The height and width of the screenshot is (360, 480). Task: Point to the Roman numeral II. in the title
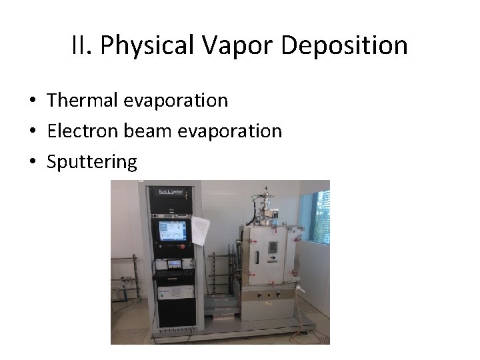[83, 45]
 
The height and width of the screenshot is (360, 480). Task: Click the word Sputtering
[92, 161]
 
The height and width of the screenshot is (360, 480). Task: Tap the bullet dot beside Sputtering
[33, 162]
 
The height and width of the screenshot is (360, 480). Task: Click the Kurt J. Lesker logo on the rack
[171, 193]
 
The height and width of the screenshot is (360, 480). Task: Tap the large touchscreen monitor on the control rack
[173, 231]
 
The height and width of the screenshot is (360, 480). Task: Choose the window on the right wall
[323, 217]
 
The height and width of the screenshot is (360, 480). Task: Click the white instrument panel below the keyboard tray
[174, 292]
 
